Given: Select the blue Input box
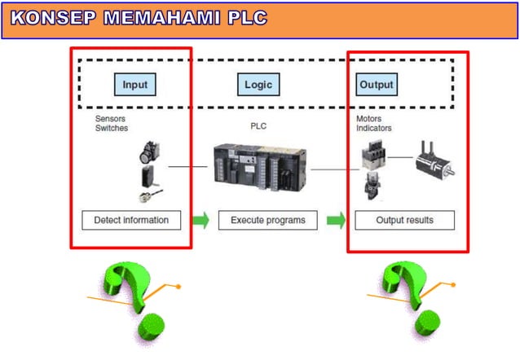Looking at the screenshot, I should pyautogui.click(x=134, y=84).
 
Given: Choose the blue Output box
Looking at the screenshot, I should pyautogui.click(x=376, y=84).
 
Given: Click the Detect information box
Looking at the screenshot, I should pyautogui.click(x=131, y=220).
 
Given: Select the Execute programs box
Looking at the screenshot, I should pyautogui.click(x=267, y=220).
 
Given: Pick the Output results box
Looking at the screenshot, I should pyautogui.click(x=404, y=220).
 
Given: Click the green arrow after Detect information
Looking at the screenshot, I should pyautogui.click(x=200, y=220).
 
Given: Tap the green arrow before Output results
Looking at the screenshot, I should pyautogui.click(x=335, y=220).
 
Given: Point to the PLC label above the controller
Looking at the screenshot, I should pyautogui.click(x=258, y=126).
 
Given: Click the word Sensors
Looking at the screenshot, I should pyautogui.click(x=111, y=118).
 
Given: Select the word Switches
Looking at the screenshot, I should pyautogui.click(x=112, y=128).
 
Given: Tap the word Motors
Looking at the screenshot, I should pyautogui.click(x=368, y=118).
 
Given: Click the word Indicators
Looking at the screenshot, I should pyautogui.click(x=373, y=128).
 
